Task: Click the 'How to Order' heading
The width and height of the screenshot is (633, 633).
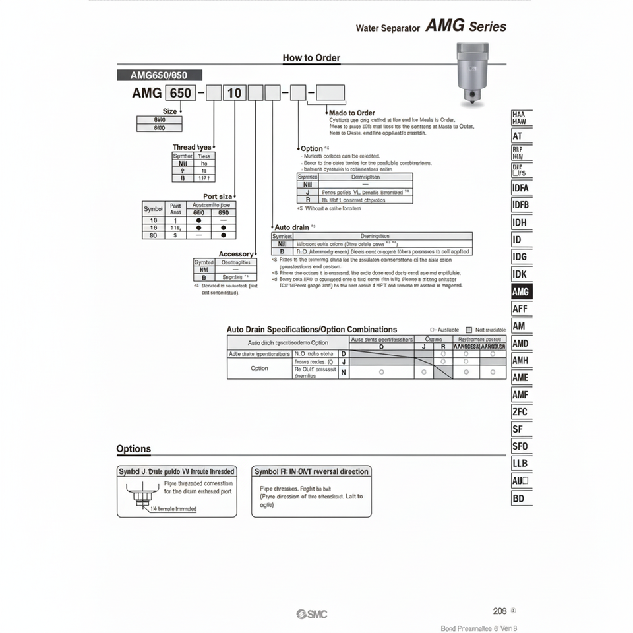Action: click(311, 58)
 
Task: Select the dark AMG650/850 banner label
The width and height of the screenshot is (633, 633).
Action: click(160, 75)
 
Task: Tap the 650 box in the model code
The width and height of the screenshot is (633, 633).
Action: click(180, 93)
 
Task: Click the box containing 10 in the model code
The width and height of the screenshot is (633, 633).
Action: click(235, 93)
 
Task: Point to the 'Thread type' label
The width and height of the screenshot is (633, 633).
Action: click(192, 147)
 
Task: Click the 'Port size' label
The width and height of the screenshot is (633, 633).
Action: click(217, 196)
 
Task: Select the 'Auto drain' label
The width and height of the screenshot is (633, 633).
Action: click(291, 227)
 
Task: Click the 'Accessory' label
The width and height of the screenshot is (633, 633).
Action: click(235, 254)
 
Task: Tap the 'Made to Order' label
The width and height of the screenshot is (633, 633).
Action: click(351, 113)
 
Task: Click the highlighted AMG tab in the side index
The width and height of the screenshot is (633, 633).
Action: click(520, 291)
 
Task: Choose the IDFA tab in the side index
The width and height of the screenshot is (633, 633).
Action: click(520, 187)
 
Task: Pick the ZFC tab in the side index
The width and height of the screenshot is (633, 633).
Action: click(520, 412)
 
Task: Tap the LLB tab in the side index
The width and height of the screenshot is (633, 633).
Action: click(520, 464)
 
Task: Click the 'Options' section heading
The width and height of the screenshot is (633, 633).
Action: click(134, 449)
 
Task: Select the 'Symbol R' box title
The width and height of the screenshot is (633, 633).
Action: click(311, 471)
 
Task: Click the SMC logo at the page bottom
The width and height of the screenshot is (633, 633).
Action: click(312, 615)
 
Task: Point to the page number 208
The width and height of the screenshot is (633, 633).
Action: click(500, 611)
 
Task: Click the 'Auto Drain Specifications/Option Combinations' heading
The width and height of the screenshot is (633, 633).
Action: click(312, 329)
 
